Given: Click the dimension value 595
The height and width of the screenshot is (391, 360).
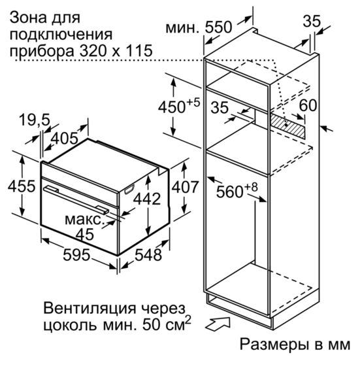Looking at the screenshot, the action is pyautogui.click(x=76, y=254).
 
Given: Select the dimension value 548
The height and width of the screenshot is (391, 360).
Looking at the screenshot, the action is pyautogui.click(x=148, y=254).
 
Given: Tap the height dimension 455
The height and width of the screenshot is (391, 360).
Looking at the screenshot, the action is pyautogui.click(x=22, y=186).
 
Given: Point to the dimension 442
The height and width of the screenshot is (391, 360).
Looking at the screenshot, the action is pyautogui.click(x=147, y=199).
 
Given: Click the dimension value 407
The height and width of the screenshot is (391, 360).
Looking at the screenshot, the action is pyautogui.click(x=186, y=187).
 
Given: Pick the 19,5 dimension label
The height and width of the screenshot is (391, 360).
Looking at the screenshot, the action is pyautogui.click(x=35, y=120).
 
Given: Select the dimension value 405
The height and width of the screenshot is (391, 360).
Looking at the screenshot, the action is pyautogui.click(x=64, y=138).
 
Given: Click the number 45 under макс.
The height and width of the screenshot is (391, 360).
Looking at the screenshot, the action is pyautogui.click(x=85, y=234).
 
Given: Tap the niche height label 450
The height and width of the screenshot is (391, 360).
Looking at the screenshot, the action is pyautogui.click(x=172, y=107).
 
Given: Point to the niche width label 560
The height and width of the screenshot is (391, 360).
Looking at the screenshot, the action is pyautogui.click(x=229, y=192).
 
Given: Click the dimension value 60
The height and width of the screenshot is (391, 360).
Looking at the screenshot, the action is pyautogui.click(x=308, y=105).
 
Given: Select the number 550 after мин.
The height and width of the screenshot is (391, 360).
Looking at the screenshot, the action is pyautogui.click(x=218, y=27).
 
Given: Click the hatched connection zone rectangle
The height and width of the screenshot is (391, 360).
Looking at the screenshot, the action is pyautogui.click(x=288, y=126).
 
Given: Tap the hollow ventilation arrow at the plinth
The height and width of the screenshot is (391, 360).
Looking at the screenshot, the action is pyautogui.click(x=218, y=324).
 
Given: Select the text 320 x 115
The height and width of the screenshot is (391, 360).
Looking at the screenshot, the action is pyautogui.click(x=116, y=50).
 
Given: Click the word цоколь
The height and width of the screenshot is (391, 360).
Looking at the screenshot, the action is pyautogui.click(x=70, y=325).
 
